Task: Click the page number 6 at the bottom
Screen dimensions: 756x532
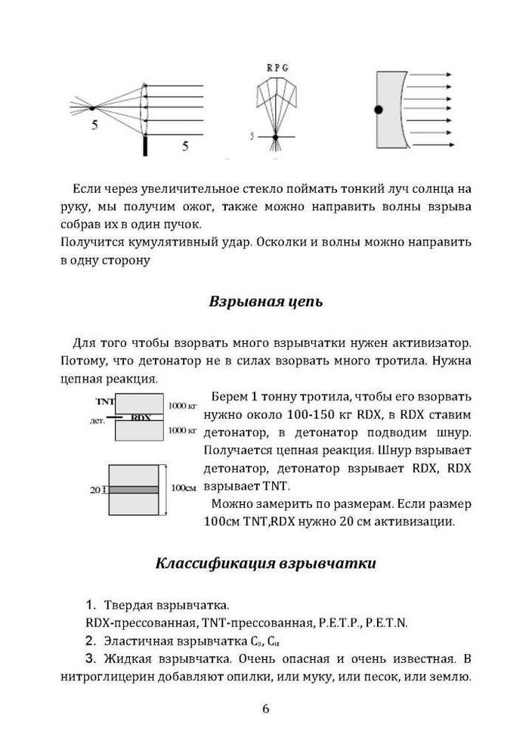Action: coord(265,708)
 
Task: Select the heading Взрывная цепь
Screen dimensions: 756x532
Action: coord(265,302)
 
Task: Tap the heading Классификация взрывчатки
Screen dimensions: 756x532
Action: coord(265,564)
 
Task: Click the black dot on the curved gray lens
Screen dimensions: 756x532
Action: coord(379,110)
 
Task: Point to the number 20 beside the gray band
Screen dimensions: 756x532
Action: coord(95,490)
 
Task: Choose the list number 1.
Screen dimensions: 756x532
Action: coord(91,605)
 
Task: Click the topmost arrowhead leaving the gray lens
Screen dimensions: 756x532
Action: coord(449,76)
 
